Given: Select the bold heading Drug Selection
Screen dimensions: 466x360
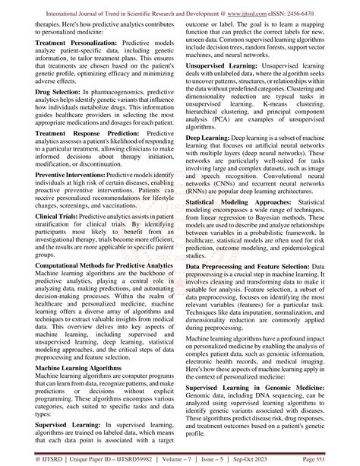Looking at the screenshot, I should pos(62,99).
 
